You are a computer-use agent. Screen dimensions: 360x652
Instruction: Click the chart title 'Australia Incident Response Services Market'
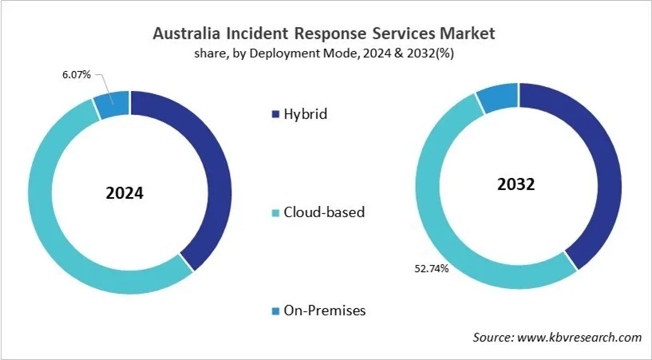[326, 34]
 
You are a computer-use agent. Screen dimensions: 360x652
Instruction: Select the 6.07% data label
[76, 74]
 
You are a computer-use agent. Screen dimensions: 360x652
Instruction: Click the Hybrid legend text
[305, 114]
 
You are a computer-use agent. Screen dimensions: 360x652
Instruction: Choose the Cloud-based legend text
[323, 212]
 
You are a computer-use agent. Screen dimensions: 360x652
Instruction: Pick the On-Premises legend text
[324, 311]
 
